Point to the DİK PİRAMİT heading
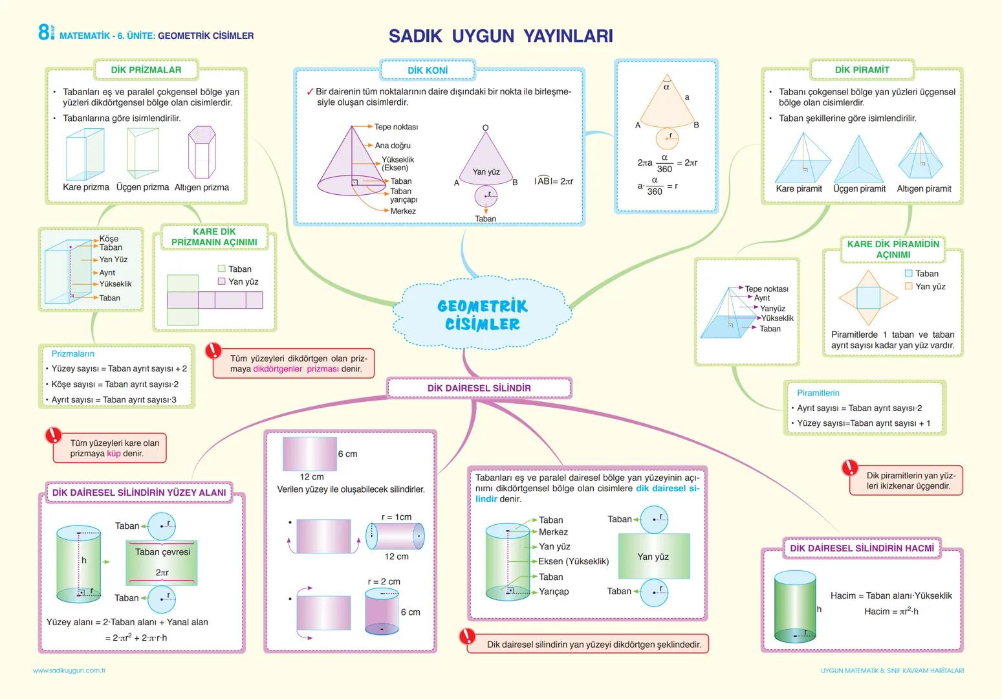pyautogui.click(x=862, y=70)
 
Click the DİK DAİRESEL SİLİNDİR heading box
pyautogui.click(x=479, y=388)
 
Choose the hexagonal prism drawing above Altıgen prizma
pyautogui.click(x=202, y=153)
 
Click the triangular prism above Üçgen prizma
pyautogui.click(x=142, y=153)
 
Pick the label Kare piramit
pyautogui.click(x=799, y=189)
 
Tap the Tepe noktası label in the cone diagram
pyautogui.click(x=396, y=127)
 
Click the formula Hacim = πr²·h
pyautogui.click(x=891, y=612)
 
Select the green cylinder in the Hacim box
pyautogui.click(x=794, y=607)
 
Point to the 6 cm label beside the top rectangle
pyautogui.click(x=347, y=454)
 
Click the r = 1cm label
pyautogui.click(x=396, y=517)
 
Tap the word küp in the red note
pyautogui.click(x=114, y=454)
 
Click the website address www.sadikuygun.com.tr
pyautogui.click(x=69, y=671)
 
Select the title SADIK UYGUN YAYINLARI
pyautogui.click(x=501, y=36)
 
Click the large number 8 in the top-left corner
pyautogui.click(x=43, y=32)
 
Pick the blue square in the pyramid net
pyautogui.click(x=868, y=298)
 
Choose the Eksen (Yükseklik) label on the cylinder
pyautogui.click(x=573, y=561)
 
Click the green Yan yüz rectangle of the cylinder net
pyautogui.click(x=653, y=556)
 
